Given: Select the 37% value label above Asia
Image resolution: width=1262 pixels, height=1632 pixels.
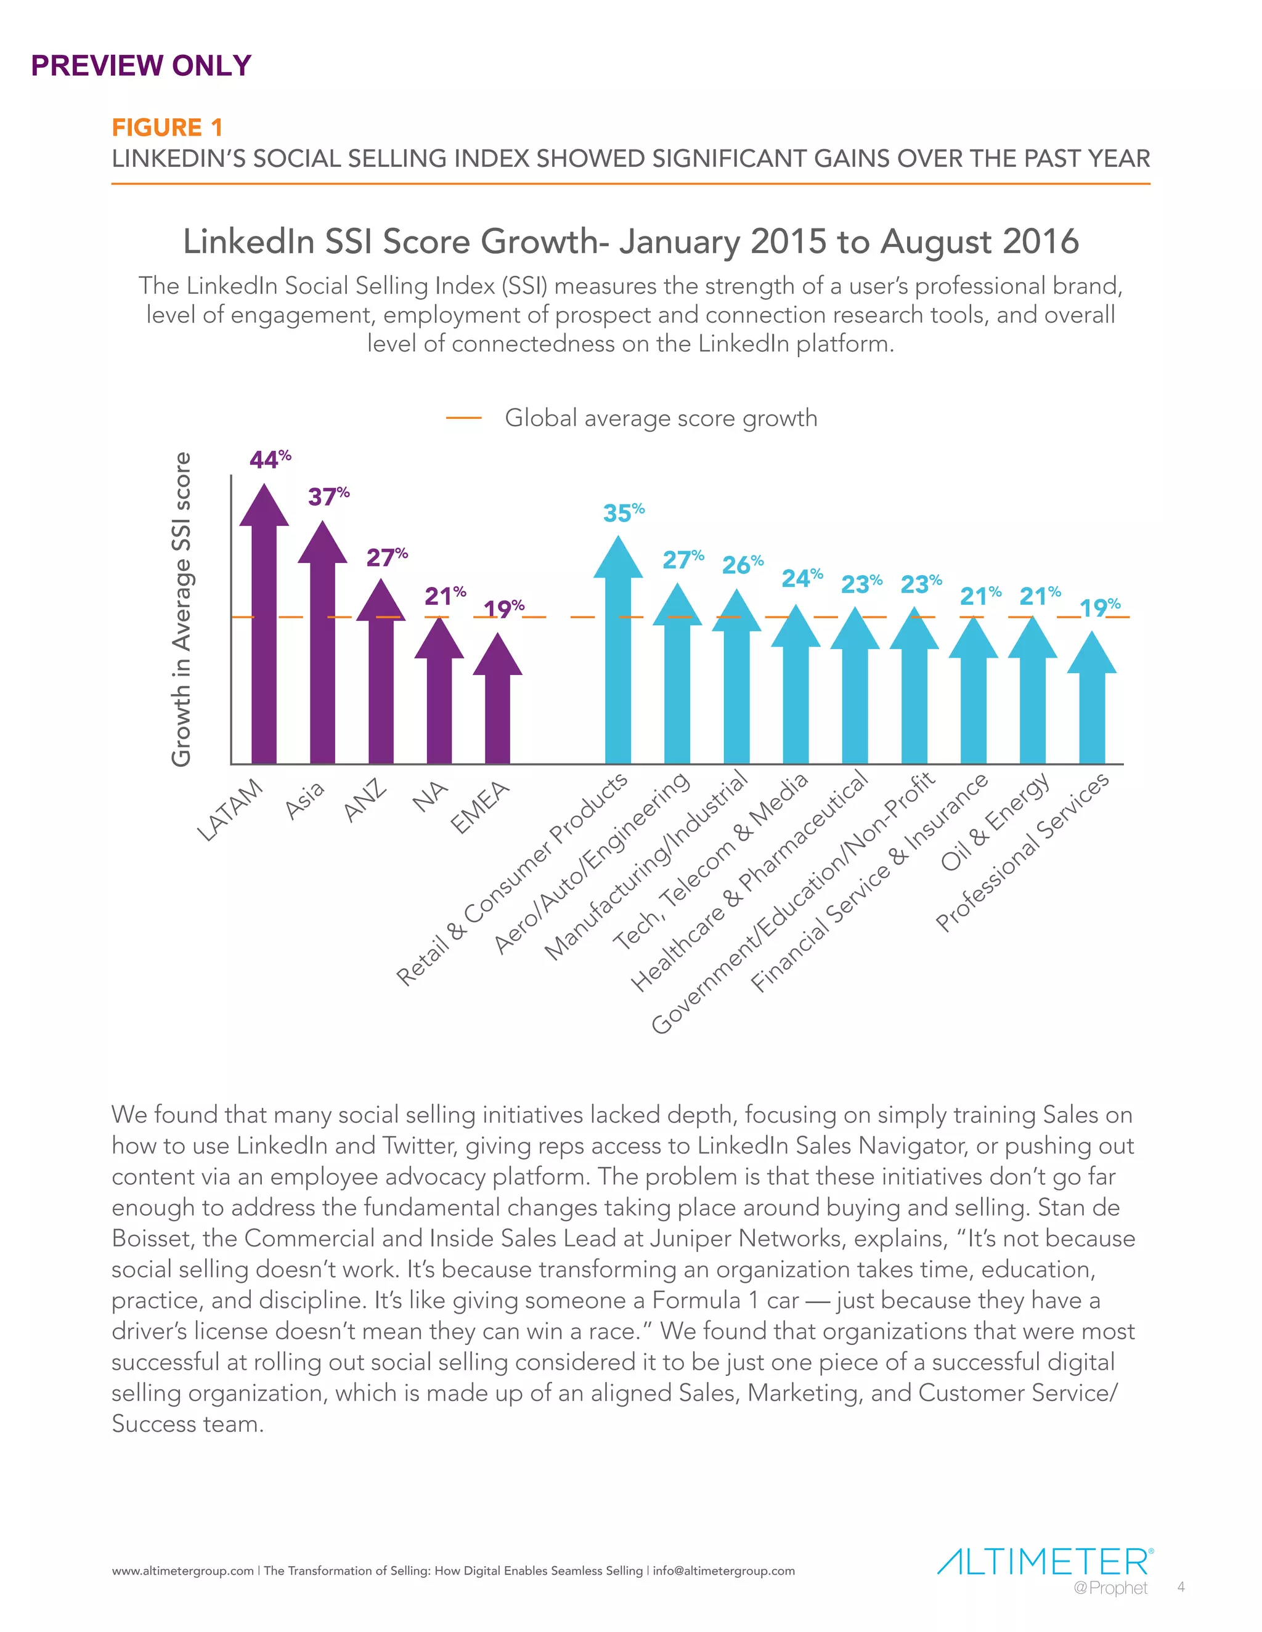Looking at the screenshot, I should (328, 496).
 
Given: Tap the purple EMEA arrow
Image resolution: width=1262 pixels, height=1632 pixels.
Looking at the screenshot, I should (498, 703).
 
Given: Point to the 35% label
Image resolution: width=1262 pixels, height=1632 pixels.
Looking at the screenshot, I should (623, 512).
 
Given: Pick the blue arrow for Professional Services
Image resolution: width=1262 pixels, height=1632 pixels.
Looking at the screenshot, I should (1091, 703).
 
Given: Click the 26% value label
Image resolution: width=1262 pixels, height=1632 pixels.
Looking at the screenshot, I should (742, 564).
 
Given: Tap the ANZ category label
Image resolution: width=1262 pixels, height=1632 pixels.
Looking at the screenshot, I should (365, 801).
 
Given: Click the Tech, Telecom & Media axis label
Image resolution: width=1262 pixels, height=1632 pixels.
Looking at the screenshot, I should (711, 860).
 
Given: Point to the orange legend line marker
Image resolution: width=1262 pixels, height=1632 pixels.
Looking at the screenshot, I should (463, 418).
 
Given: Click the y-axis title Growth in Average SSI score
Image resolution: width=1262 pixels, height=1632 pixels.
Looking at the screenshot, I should (182, 609).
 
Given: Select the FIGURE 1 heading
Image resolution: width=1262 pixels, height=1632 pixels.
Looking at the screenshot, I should (168, 127).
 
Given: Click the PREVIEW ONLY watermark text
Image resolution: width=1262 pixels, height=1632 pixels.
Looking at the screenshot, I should (140, 66).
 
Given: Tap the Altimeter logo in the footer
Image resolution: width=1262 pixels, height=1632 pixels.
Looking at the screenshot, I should (1043, 1562).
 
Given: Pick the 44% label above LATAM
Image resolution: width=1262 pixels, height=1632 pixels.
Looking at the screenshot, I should (269, 459).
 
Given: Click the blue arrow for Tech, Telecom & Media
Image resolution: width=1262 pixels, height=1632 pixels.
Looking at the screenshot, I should (796, 687).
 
